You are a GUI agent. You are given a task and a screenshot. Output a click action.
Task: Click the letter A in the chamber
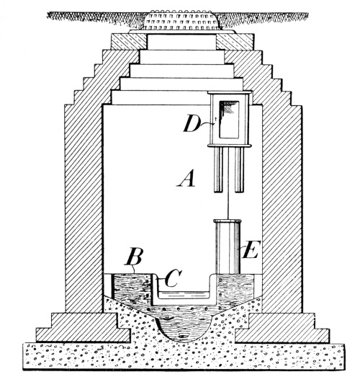pyautogui.click(x=186, y=178)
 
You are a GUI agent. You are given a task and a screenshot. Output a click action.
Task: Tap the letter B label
pyautogui.click(x=133, y=257)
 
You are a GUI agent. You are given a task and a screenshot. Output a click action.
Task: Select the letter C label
pyautogui.click(x=173, y=277)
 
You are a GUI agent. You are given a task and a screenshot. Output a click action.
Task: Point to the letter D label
pyautogui.click(x=192, y=123)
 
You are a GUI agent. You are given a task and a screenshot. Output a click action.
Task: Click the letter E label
pyautogui.click(x=251, y=249)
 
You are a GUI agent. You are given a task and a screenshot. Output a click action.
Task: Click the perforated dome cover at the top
pyautogui.click(x=182, y=20)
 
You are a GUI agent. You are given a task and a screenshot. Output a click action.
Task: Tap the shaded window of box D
pyautogui.click(x=229, y=120)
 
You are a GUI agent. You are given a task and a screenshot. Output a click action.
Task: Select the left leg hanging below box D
pyautogui.click(x=218, y=170)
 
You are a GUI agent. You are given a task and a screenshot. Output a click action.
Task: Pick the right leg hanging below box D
pyautogui.click(x=239, y=170)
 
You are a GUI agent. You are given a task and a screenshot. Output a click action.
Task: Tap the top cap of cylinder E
pyautogui.click(x=228, y=221)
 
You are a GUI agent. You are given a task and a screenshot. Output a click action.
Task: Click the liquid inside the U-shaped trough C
pyautogui.click(x=184, y=295)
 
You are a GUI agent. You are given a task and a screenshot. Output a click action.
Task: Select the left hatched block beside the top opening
pyautogui.click(x=129, y=42)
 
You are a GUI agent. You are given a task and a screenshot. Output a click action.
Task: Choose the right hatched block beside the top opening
pyautogui.click(x=235, y=42)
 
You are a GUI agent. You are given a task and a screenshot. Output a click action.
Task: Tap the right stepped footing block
pyautogui.click(x=282, y=328)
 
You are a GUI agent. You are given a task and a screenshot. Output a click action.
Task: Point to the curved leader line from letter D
pyautogui.click(x=207, y=124)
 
